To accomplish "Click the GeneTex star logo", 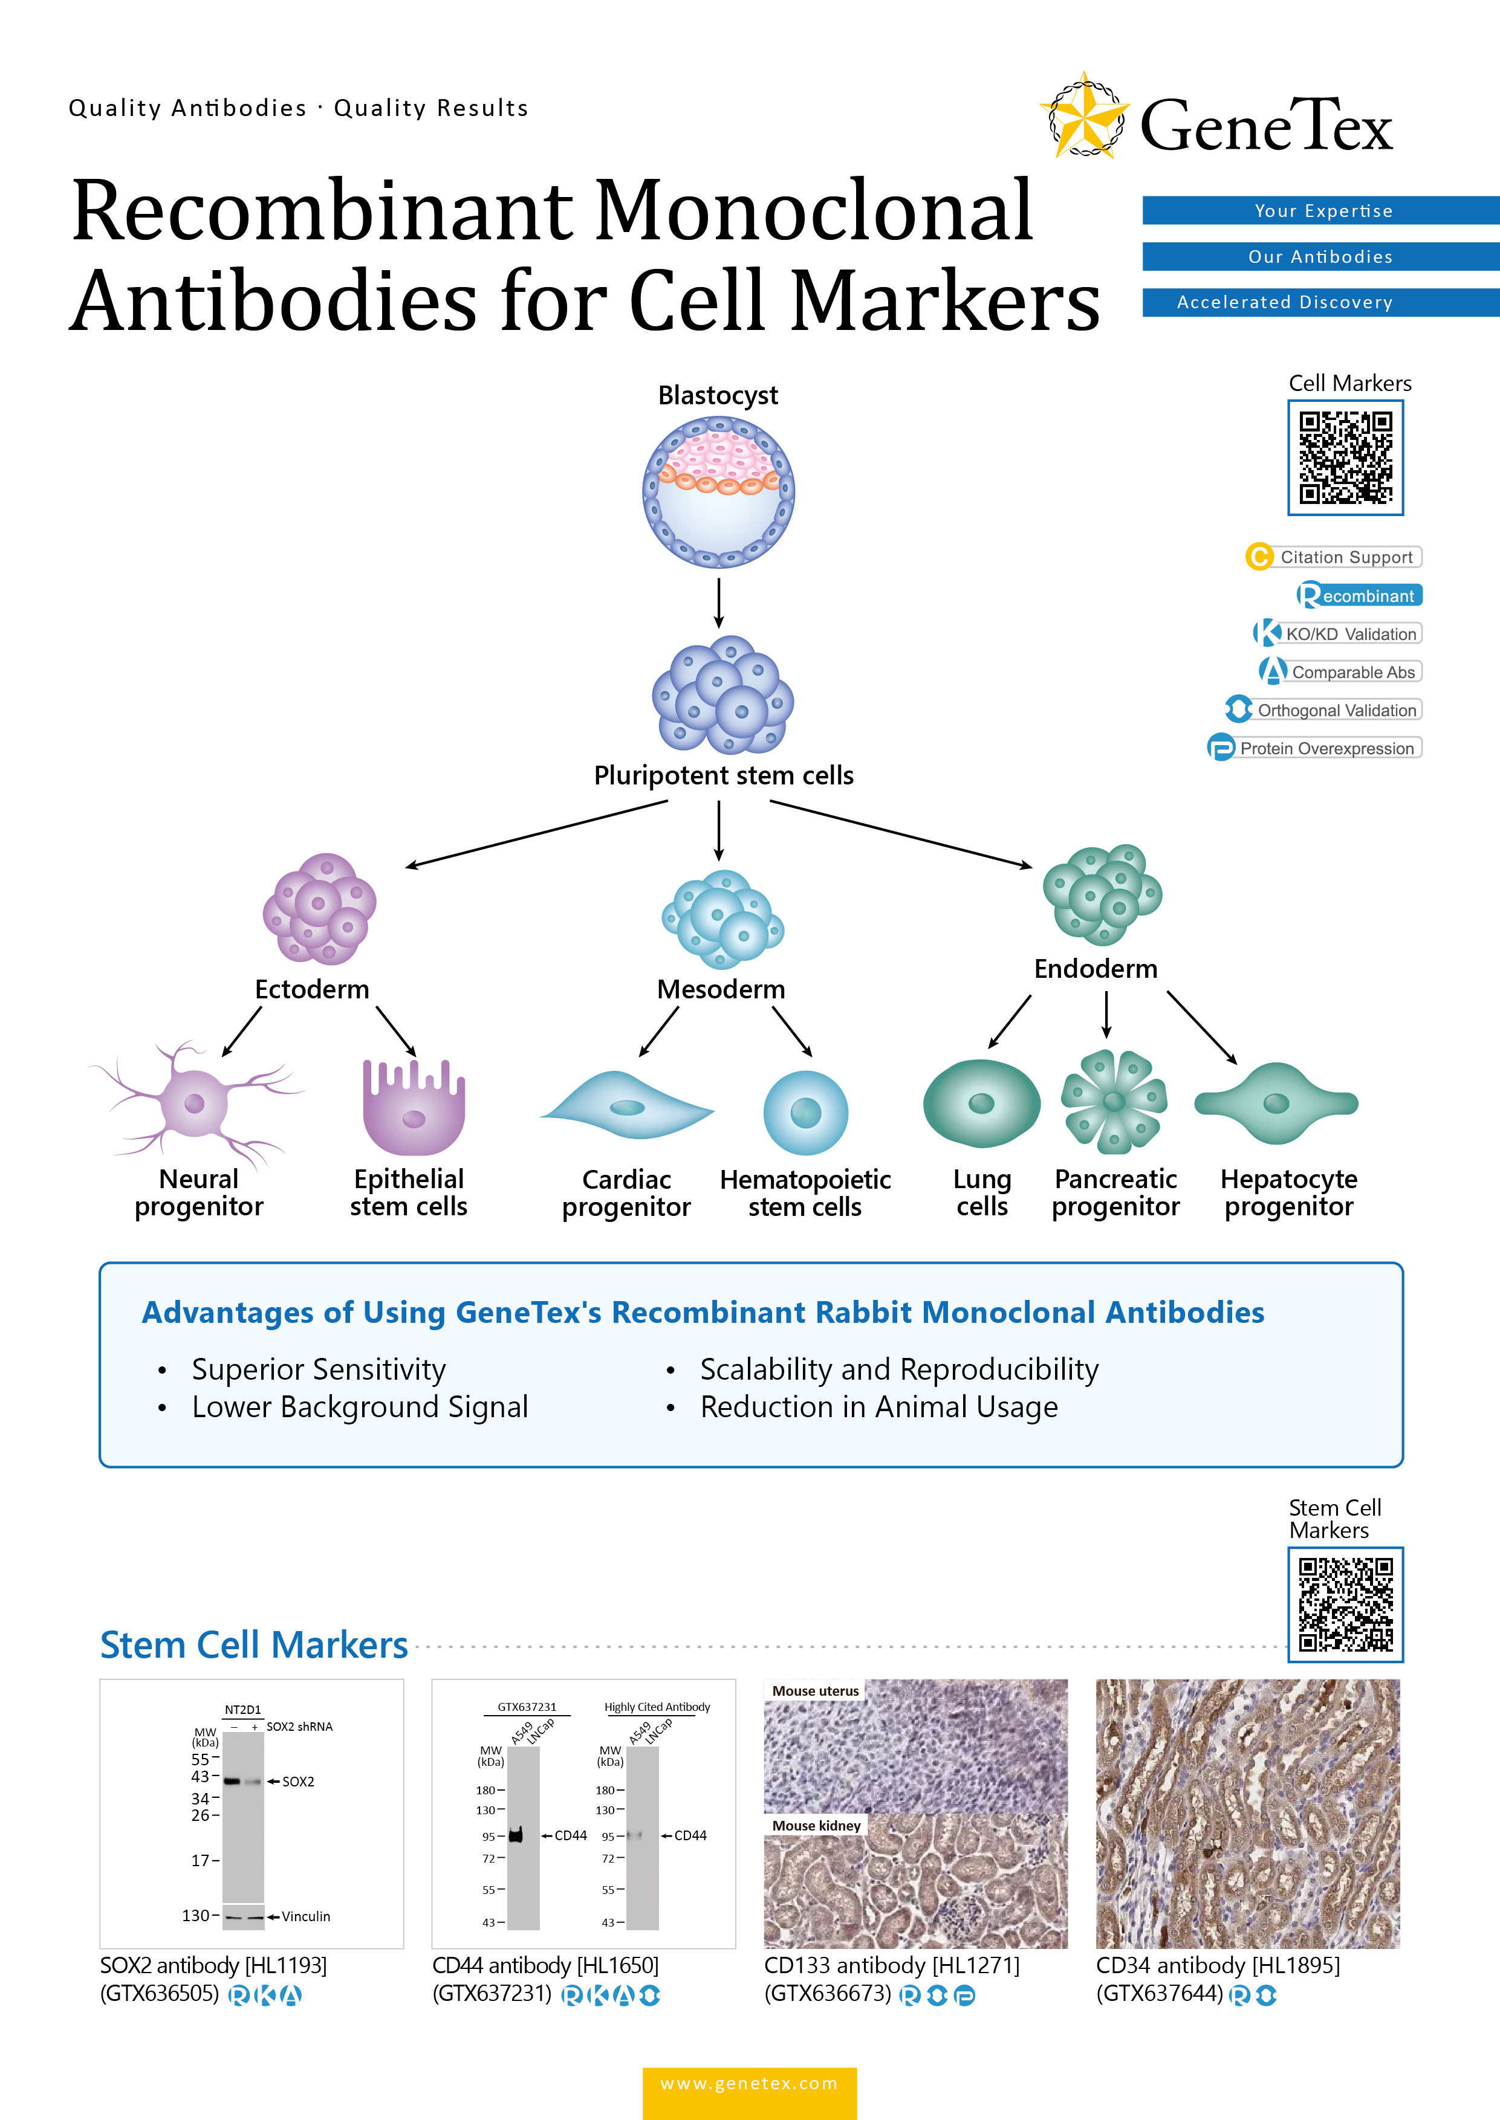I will (x=1085, y=117).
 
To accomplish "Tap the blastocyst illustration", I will (x=719, y=491).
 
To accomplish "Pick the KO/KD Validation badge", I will (x=1337, y=633).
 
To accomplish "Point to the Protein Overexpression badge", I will (x=1315, y=748).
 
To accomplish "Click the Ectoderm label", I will (x=311, y=989).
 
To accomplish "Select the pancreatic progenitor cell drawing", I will (x=1113, y=1102).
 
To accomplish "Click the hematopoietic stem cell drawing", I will (x=805, y=1113).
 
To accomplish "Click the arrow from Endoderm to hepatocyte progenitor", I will (x=1201, y=1027).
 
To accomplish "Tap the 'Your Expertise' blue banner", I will (x=1322, y=210).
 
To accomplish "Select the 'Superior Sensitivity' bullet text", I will (x=319, y=1369).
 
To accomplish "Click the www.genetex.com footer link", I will (x=749, y=2084).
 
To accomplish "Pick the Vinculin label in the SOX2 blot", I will (x=306, y=1917).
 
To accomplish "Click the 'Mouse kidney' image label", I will (x=816, y=1826).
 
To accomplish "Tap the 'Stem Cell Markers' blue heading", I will (x=254, y=1646).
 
